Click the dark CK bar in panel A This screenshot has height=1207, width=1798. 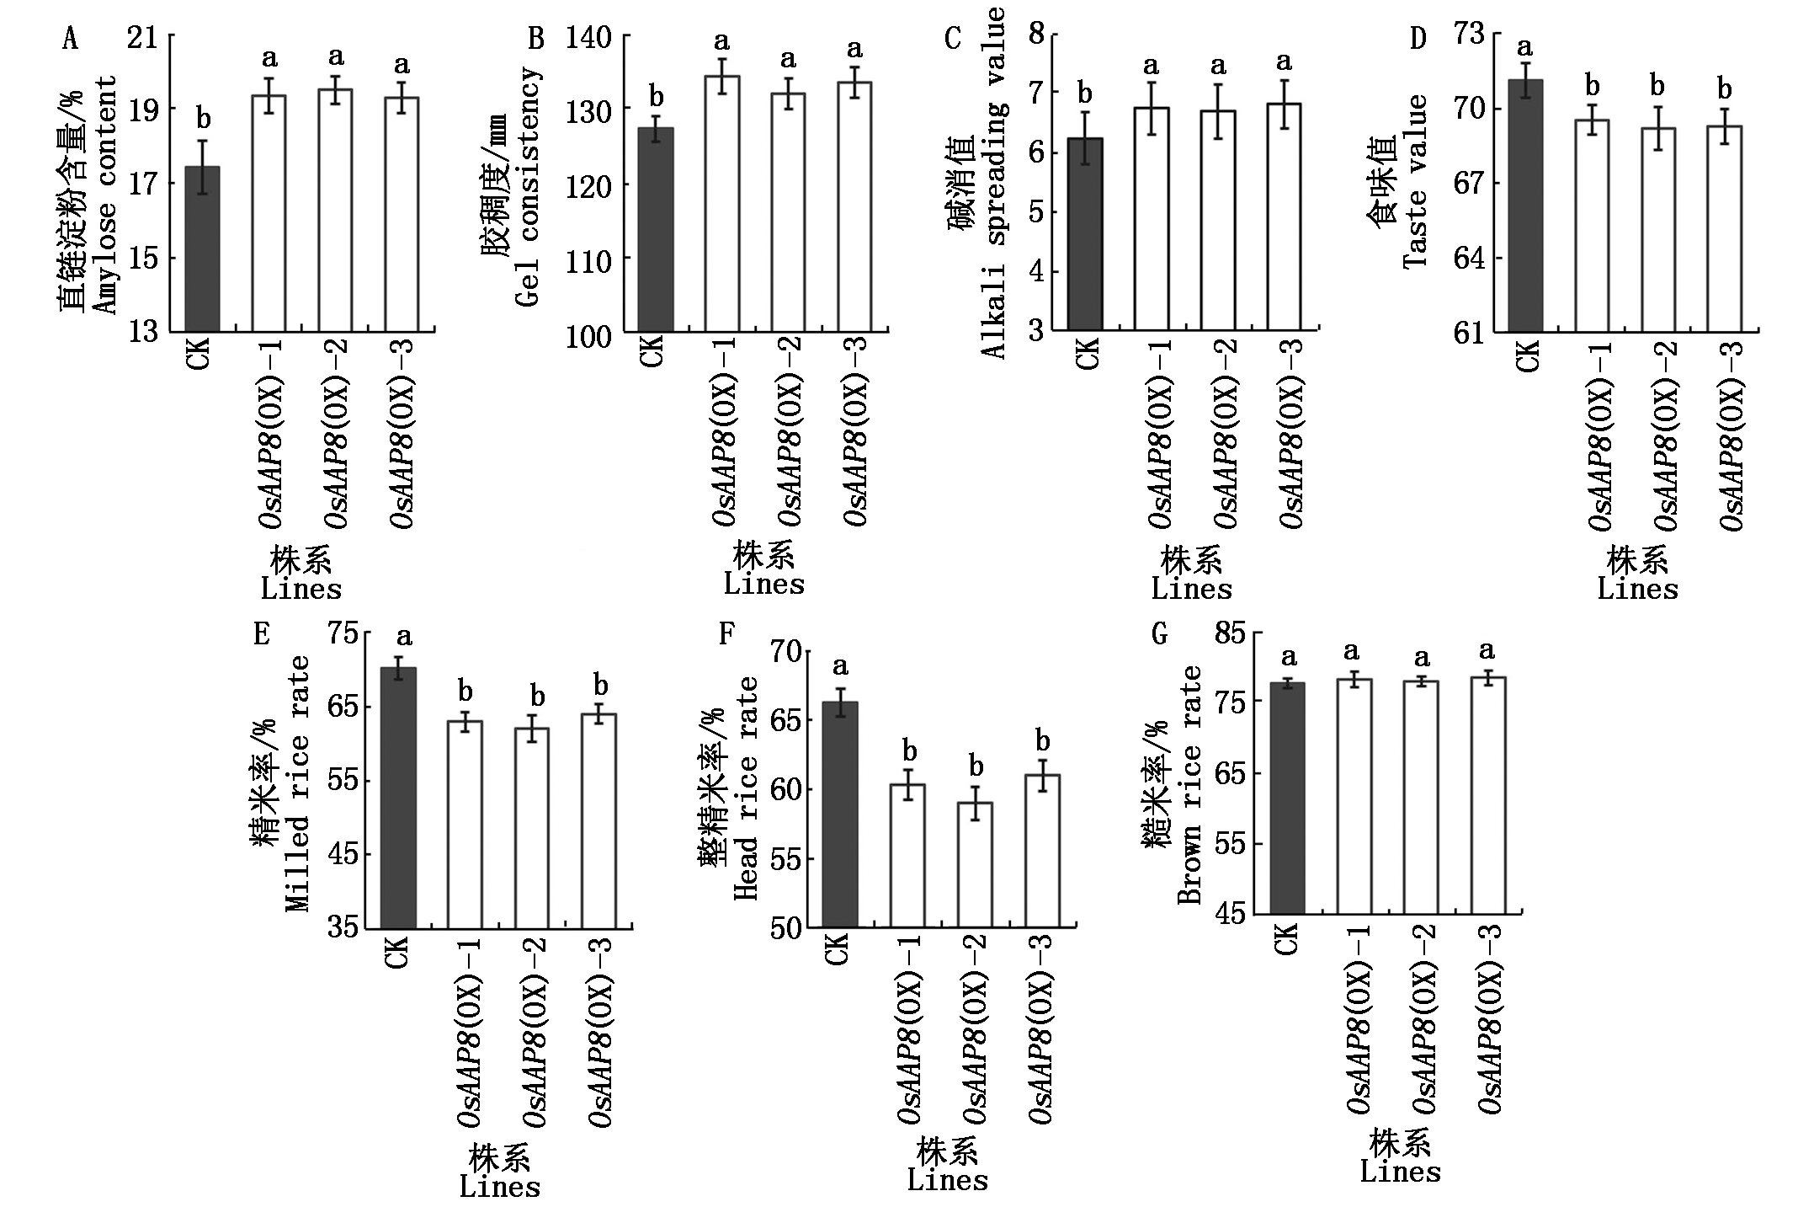pos(202,248)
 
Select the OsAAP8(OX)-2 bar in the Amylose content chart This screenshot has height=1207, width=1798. pos(335,210)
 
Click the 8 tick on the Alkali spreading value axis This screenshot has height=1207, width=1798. pos(1036,35)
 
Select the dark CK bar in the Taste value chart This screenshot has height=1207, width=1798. pos(1525,206)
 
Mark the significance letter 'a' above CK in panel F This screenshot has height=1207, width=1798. pos(839,668)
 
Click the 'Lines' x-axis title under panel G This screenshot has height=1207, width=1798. pos(1400,1172)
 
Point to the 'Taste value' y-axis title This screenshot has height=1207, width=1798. pos(1415,181)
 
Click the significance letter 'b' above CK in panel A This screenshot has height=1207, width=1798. pos(202,117)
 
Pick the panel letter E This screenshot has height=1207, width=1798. pos(262,633)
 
